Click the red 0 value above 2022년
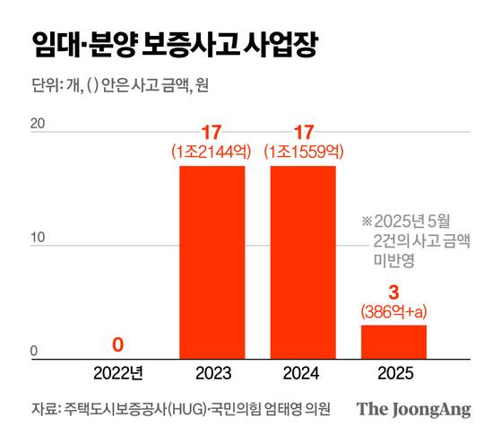[118, 344]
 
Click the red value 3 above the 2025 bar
[393, 292]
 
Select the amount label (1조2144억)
[212, 153]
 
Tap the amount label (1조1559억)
[303, 153]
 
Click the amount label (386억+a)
[393, 312]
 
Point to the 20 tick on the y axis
[37, 124]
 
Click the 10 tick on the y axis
[37, 238]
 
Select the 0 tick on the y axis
[33, 352]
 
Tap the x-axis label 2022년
[118, 371]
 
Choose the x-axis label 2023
[212, 371]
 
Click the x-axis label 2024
[303, 371]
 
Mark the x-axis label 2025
[393, 371]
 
